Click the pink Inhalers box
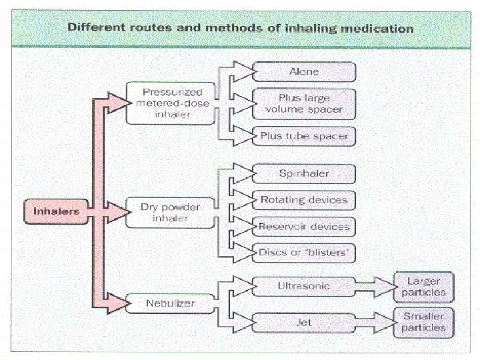(x=56, y=211)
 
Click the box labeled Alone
(x=304, y=71)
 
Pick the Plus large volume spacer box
(x=304, y=103)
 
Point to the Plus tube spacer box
(x=304, y=135)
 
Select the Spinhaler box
(x=304, y=174)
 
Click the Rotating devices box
(x=304, y=199)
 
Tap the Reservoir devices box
(x=304, y=226)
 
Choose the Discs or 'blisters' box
(x=304, y=252)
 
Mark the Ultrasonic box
(x=304, y=286)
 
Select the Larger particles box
(x=423, y=286)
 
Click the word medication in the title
(x=380, y=29)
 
